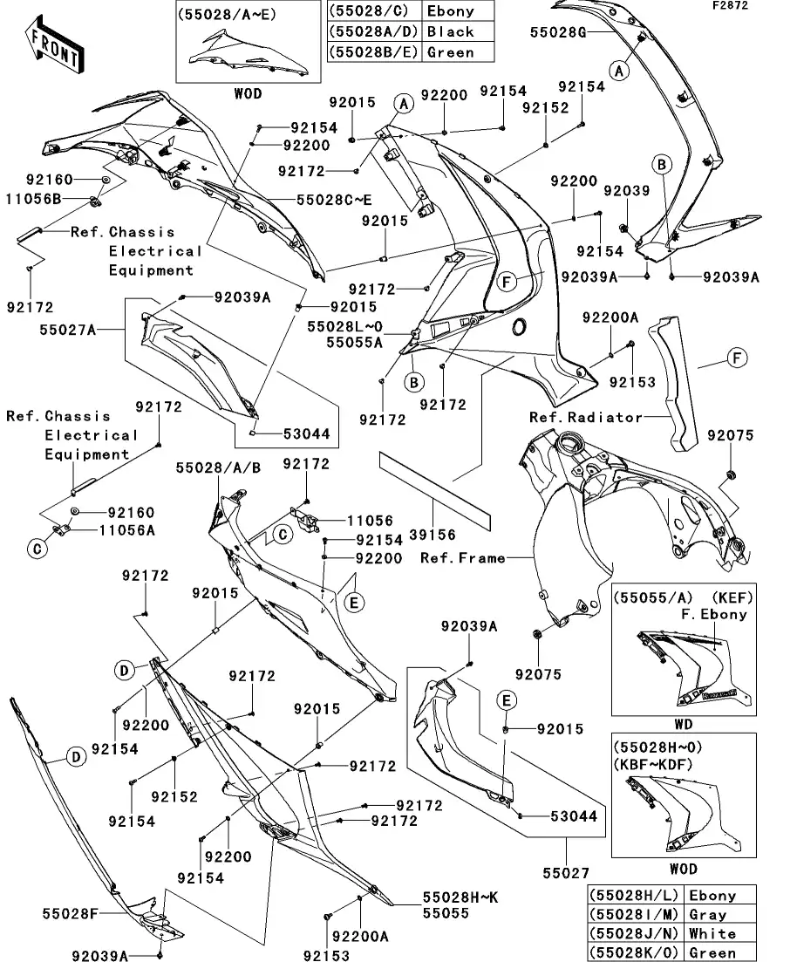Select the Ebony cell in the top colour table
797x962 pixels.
click(450, 11)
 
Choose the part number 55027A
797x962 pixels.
click(68, 330)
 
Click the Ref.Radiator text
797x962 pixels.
click(586, 417)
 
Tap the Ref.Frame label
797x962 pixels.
click(462, 557)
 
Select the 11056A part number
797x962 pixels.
click(127, 529)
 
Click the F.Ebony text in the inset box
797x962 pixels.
click(712, 613)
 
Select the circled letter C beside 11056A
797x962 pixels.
click(37, 548)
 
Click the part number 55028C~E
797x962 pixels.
click(334, 200)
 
